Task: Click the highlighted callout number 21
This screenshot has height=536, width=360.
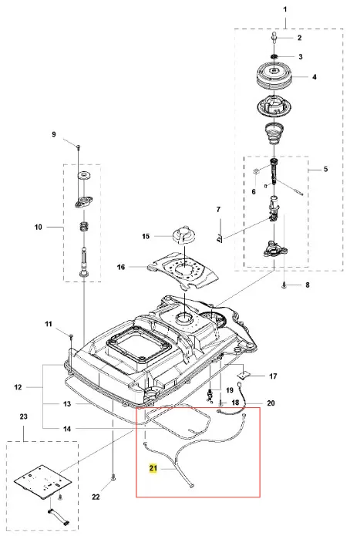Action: [x=153, y=468]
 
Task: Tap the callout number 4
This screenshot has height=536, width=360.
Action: [x=315, y=77]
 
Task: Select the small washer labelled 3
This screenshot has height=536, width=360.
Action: [x=274, y=56]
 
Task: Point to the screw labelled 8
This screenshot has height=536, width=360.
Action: [x=284, y=285]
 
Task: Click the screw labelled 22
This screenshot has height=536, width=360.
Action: [x=113, y=477]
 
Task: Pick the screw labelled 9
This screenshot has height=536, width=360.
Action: [x=78, y=147]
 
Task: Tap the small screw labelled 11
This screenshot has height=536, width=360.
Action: [x=71, y=337]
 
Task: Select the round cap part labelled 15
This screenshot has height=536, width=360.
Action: [x=184, y=235]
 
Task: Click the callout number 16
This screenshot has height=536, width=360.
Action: [x=121, y=267]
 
